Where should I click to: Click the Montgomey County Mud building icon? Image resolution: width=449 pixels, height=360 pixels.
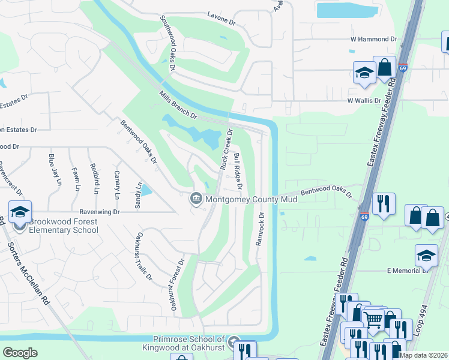pos(196,199)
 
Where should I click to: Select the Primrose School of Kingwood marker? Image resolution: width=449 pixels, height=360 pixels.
pos(234,340)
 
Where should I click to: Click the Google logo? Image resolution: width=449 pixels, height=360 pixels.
pos(20,353)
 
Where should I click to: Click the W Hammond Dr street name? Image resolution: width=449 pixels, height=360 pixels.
pos(374,39)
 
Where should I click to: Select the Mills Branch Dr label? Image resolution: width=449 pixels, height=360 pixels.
pos(178,104)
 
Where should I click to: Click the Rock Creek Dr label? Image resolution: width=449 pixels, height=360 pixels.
pos(226,149)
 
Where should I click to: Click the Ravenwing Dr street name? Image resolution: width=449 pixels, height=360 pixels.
pos(100,212)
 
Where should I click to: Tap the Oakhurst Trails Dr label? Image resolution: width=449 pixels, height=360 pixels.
pos(143,256)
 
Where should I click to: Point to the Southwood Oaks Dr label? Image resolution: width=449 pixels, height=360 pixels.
pos(167,43)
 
